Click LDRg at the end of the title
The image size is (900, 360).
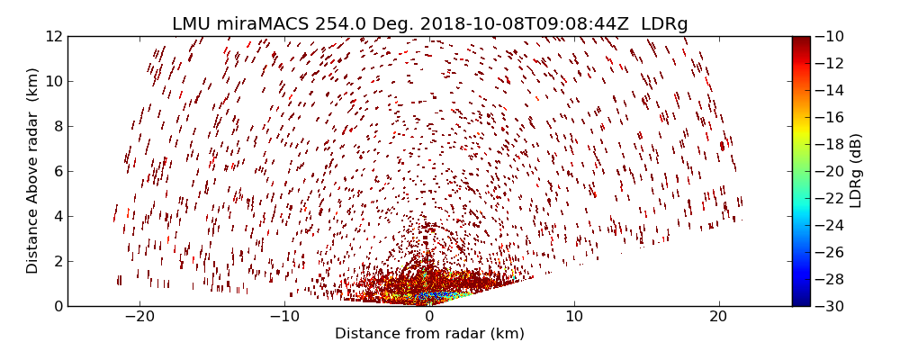pyautogui.click(x=664, y=24)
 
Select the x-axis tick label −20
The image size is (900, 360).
pyautogui.click(x=139, y=317)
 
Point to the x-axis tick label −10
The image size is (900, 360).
pyautogui.click(x=284, y=317)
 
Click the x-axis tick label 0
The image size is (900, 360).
pyautogui.click(x=429, y=317)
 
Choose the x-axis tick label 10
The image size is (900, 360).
pyautogui.click(x=574, y=317)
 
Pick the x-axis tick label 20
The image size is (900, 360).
pyautogui.click(x=718, y=317)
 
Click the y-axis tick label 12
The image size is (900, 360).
pyautogui.click(x=53, y=36)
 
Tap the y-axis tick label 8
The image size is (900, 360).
pyautogui.click(x=57, y=126)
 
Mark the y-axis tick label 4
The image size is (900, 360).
pyautogui.click(x=57, y=216)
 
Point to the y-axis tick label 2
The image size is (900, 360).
pyautogui.click(x=57, y=261)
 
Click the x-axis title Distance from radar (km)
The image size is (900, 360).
pyautogui.click(x=429, y=334)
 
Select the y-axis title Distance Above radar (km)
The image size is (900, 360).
pyautogui.click(x=33, y=171)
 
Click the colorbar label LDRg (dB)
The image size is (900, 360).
pyautogui.click(x=856, y=171)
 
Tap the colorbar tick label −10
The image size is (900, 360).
pyautogui.click(x=831, y=36)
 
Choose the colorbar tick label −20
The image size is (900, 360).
pyautogui.click(x=831, y=171)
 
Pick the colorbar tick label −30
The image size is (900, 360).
pyautogui.click(x=831, y=306)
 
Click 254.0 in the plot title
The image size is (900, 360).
pyautogui.click(x=342, y=24)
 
